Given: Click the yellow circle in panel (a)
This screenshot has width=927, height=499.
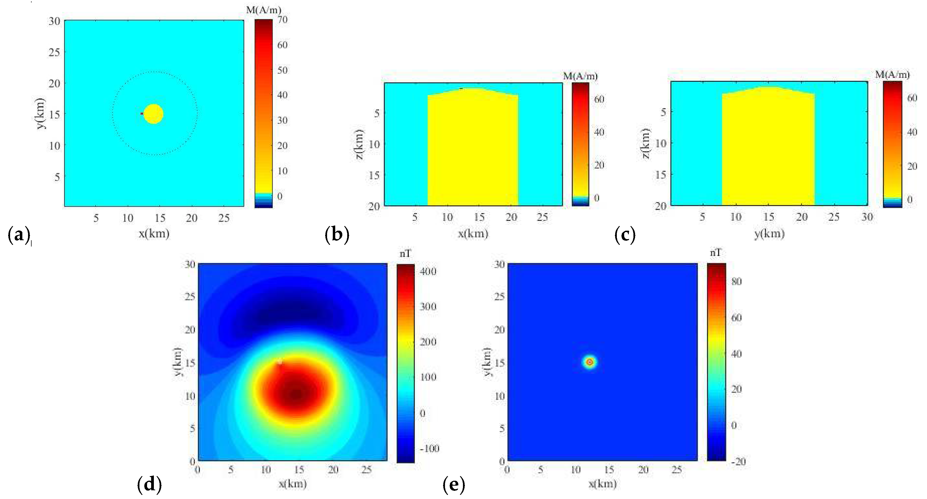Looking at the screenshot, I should pos(154,114).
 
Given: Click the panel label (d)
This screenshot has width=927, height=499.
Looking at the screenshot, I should pos(149,485).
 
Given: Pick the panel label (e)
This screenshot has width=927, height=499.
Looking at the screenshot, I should pos(454,485).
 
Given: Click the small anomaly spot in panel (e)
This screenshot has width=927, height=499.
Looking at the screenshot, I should pos(589,362).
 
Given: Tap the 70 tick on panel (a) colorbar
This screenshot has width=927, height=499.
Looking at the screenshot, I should pos(282,20).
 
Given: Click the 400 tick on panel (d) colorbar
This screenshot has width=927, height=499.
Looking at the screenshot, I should pos(428,271).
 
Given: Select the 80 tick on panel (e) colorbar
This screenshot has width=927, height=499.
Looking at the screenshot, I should pos(737,281).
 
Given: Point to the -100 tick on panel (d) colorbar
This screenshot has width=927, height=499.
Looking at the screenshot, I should pos(429,449).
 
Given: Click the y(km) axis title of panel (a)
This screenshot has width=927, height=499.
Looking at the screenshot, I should pos(41,113).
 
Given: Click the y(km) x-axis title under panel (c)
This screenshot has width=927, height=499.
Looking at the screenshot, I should pos(769,234).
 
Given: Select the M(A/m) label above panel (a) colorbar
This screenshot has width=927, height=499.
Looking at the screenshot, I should pos(263,10).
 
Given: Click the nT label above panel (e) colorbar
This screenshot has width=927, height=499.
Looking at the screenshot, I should pos(715,253).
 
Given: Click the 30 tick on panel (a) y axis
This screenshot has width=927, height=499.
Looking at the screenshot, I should pos(54,21).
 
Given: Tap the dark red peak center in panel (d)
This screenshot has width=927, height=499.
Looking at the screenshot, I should pos(297,395).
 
